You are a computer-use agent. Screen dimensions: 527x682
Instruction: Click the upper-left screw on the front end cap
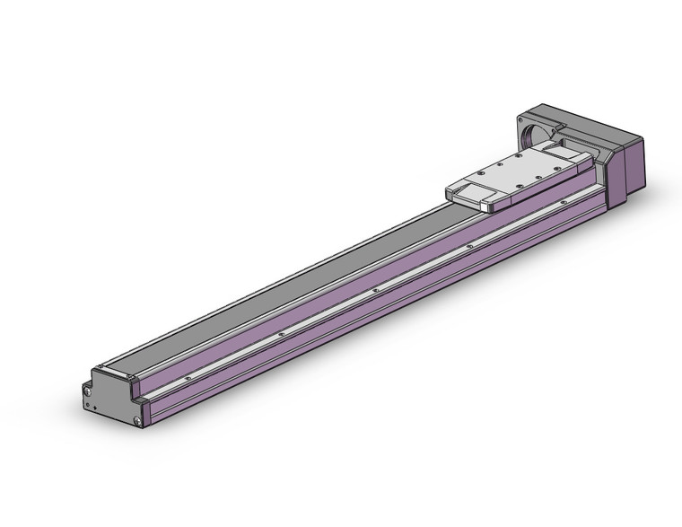tap(88, 391)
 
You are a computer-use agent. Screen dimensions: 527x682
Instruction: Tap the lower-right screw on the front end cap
tap(136, 420)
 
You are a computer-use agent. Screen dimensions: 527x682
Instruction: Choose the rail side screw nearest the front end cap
tap(186, 380)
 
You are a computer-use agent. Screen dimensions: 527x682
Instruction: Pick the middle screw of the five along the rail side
tap(374, 290)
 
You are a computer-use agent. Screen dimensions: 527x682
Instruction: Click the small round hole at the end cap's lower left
tap(87, 405)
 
